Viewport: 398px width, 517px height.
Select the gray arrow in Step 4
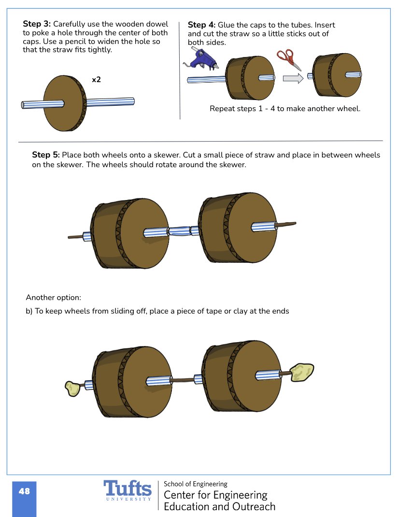coord(293,77)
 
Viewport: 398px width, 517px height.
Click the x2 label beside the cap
coord(97,79)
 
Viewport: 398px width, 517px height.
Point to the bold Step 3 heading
coord(37,24)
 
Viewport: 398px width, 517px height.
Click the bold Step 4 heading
coord(201,25)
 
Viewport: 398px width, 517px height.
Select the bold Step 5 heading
coord(46,155)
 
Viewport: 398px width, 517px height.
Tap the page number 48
coord(24,491)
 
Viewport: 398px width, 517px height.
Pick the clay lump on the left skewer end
coord(72,388)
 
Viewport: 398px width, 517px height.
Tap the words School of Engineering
coord(195,484)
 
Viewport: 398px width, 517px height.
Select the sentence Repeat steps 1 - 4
coord(285,109)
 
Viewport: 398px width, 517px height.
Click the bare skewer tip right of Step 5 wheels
coord(286,224)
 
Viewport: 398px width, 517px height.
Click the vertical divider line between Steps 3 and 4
coord(180,70)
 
